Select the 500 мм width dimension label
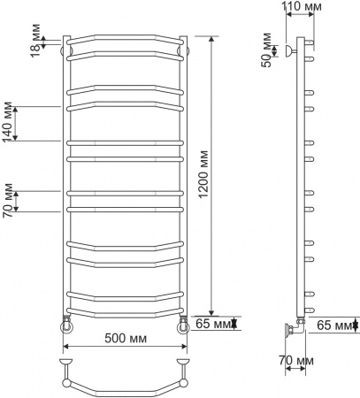coord(125,338)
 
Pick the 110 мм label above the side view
coord(302,8)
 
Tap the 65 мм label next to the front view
coord(212,325)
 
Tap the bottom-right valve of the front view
coord(183,325)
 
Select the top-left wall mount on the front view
coord(65,51)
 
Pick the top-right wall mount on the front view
coord(184,51)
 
